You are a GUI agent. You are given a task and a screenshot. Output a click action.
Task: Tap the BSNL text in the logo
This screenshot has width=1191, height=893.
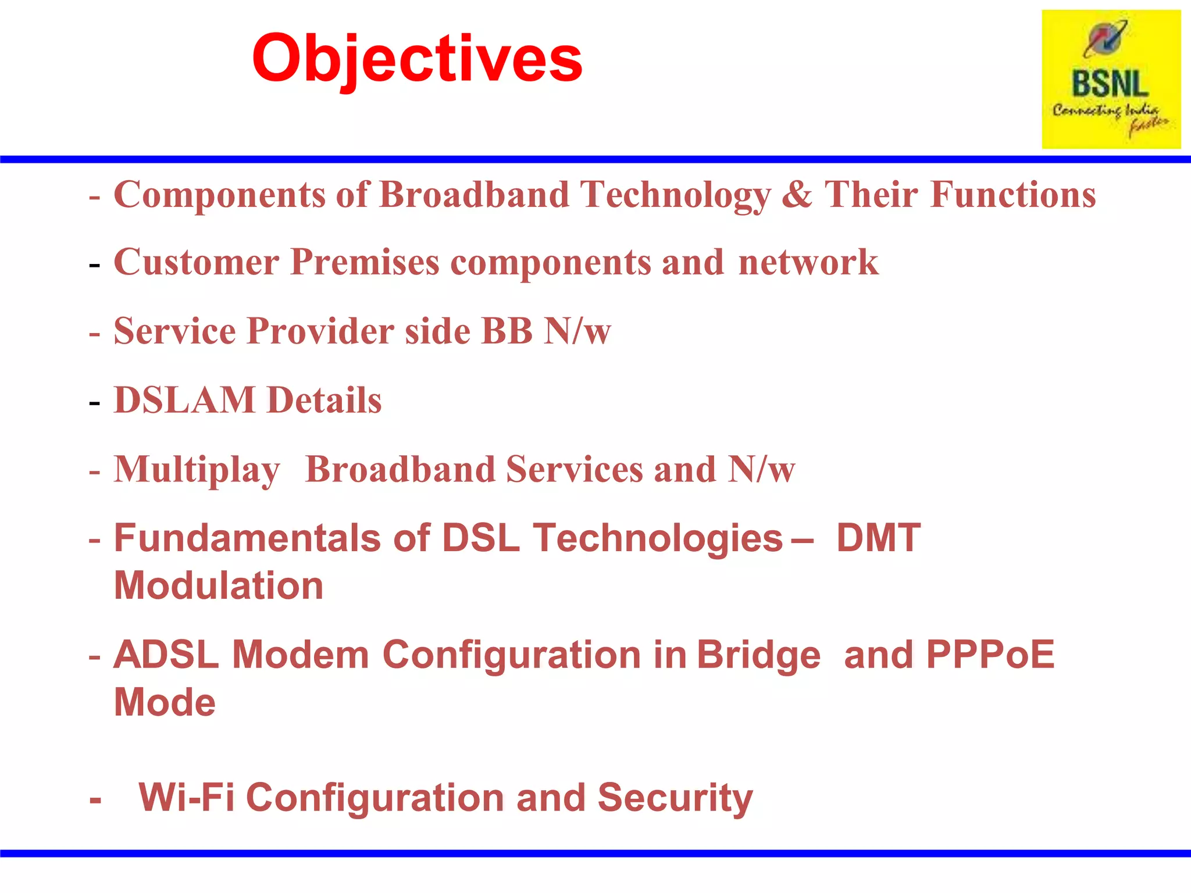[x=1110, y=84]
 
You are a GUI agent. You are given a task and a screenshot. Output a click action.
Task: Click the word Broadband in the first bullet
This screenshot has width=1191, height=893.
[x=475, y=194]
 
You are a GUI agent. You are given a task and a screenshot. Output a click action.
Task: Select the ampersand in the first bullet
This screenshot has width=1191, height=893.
[x=796, y=194]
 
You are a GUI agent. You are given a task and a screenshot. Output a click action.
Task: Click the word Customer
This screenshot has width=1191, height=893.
[x=197, y=262]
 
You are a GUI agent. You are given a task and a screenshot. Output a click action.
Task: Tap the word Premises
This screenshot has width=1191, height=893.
[x=365, y=262]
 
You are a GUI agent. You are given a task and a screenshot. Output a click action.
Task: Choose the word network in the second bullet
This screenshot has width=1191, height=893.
[x=808, y=262]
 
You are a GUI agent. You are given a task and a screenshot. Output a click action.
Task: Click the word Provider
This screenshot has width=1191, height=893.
[x=320, y=331]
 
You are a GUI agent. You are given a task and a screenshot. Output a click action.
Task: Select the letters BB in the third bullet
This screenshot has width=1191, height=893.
[x=507, y=331]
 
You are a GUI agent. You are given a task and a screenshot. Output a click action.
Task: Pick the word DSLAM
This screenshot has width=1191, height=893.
[x=184, y=401]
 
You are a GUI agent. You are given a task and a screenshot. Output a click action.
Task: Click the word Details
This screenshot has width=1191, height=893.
[x=324, y=401]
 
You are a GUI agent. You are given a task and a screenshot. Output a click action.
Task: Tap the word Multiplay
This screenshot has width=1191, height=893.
[x=197, y=470]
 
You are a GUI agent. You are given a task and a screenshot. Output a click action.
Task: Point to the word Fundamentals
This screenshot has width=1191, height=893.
[x=247, y=538]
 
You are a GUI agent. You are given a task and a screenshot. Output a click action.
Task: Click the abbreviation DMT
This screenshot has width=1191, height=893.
[x=878, y=538]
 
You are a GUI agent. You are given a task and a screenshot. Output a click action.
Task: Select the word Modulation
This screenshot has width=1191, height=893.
[x=219, y=585]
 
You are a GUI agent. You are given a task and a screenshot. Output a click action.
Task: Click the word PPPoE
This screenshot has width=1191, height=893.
[x=990, y=655]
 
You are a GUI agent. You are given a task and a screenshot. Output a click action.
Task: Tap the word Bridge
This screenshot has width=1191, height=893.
[x=758, y=656]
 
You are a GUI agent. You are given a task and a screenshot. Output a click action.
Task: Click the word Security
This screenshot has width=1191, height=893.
[x=675, y=798]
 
